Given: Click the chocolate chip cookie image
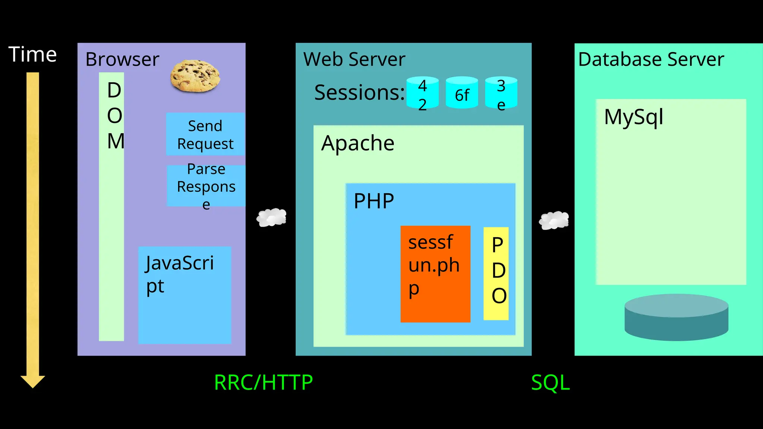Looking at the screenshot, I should click(195, 76).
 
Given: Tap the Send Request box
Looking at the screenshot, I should click(205, 134).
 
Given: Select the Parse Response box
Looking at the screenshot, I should click(206, 186).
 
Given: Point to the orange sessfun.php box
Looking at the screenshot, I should click(435, 274).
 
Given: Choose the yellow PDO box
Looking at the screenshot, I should click(496, 274).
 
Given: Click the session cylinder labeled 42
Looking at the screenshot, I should click(422, 93).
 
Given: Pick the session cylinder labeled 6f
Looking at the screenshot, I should click(462, 93).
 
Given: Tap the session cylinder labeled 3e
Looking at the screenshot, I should click(501, 93).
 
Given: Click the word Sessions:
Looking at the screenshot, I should click(359, 92).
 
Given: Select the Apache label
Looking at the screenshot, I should click(358, 143).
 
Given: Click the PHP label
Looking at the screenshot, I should click(374, 201).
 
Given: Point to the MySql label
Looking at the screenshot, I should click(633, 117).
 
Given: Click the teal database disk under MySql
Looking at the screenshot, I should click(676, 317).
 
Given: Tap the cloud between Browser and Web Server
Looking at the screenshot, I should click(272, 217).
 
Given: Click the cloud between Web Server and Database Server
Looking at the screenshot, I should click(554, 220).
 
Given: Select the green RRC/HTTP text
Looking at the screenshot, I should click(263, 382).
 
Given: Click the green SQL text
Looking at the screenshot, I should click(550, 382).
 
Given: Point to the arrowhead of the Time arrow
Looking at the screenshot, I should click(33, 381).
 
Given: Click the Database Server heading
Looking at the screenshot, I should click(651, 60).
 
